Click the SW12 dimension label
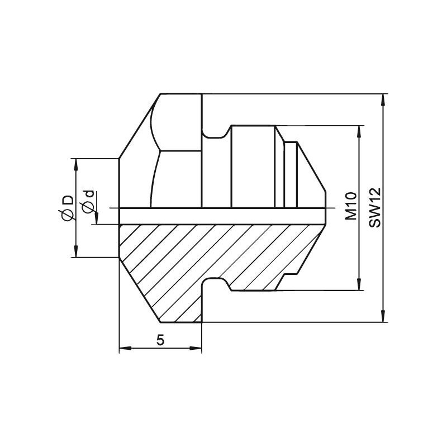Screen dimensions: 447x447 tap(374, 207)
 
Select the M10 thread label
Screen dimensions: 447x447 tap(351, 206)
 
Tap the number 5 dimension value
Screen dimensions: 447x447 tap(160, 340)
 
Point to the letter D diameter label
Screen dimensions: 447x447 tap(68, 200)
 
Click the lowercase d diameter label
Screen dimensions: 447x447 tap(89, 194)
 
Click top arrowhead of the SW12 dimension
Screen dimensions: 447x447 tap(384, 101)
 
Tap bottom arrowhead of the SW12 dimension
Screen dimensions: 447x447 tap(384, 315)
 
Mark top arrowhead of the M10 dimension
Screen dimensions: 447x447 tap(360, 132)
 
